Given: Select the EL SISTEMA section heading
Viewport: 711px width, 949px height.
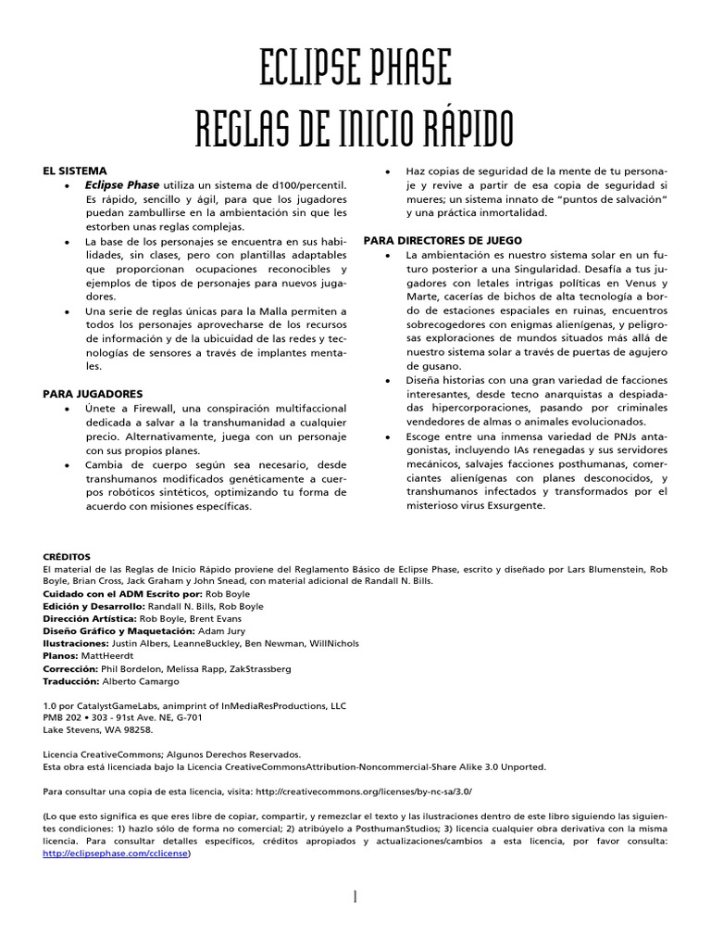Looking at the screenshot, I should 75,171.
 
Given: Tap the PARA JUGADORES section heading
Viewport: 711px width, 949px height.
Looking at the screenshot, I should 93,394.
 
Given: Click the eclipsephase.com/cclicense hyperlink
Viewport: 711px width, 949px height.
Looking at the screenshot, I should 116,854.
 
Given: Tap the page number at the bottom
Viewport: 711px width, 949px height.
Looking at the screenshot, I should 355,897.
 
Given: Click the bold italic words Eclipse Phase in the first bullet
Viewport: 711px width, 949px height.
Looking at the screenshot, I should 122,185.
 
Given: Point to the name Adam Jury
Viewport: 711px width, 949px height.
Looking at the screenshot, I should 226,629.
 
